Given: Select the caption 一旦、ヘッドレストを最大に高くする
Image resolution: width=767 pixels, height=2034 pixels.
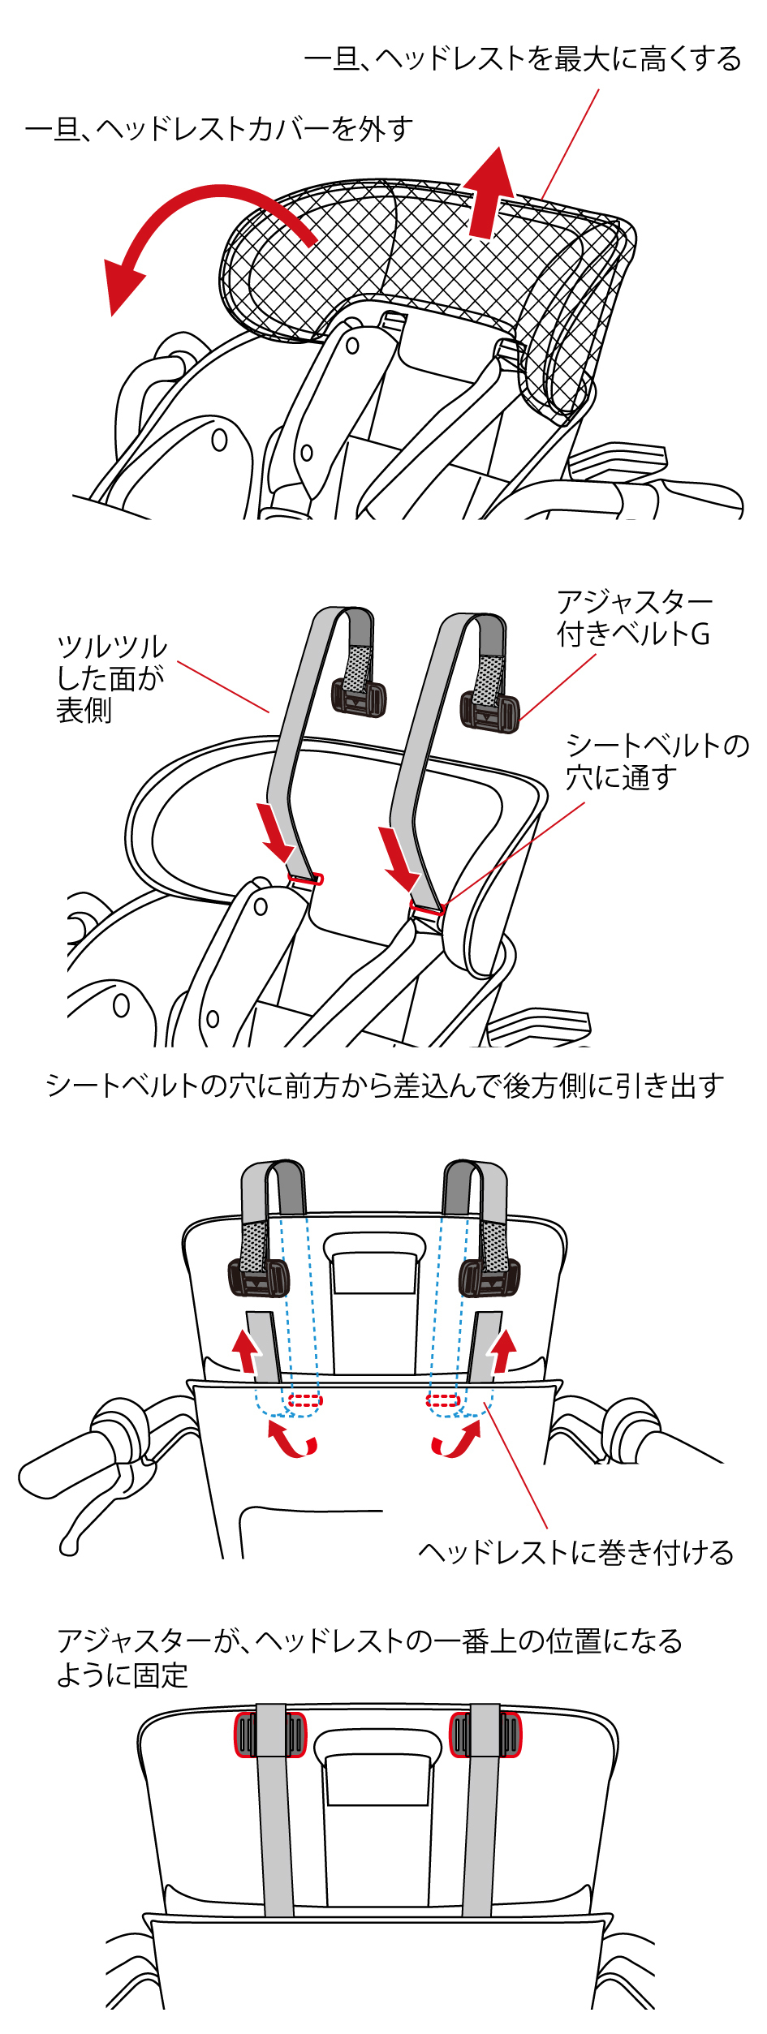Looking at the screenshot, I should tap(522, 59).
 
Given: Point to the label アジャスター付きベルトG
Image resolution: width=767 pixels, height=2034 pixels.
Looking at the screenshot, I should tap(634, 618).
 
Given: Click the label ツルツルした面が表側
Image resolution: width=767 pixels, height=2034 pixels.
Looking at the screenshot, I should tap(110, 678).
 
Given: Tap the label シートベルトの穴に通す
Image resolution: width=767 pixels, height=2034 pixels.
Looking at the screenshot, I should tap(657, 761).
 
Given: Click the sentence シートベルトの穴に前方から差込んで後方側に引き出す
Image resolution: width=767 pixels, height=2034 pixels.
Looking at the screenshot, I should tap(384, 1086).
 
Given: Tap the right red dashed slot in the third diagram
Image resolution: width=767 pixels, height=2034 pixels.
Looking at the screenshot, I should tap(443, 1400).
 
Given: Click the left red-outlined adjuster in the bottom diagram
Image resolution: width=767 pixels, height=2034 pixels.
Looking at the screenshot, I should tap(270, 1735).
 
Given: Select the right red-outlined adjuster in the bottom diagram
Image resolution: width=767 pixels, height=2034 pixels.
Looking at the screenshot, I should tap(485, 1735).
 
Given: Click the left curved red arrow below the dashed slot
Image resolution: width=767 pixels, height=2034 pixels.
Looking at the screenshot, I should tap(291, 1440).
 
